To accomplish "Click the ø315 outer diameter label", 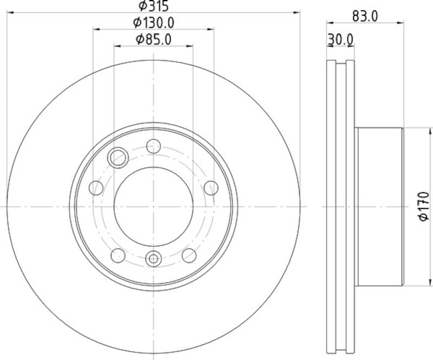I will [153, 6].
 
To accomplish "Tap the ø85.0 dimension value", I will [153, 39].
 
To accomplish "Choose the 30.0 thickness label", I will [340, 39].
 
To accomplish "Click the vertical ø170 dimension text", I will [424, 206].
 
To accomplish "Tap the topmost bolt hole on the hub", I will [154, 146].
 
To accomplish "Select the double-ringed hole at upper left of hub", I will [117, 158].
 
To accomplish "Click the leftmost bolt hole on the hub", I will [96, 188].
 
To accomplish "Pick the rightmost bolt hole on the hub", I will [210, 188].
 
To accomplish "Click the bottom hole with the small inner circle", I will [153, 258].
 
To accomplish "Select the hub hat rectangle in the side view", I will [379, 207].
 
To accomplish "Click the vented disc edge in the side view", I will [340, 207].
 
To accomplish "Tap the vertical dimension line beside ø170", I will [417, 162].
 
